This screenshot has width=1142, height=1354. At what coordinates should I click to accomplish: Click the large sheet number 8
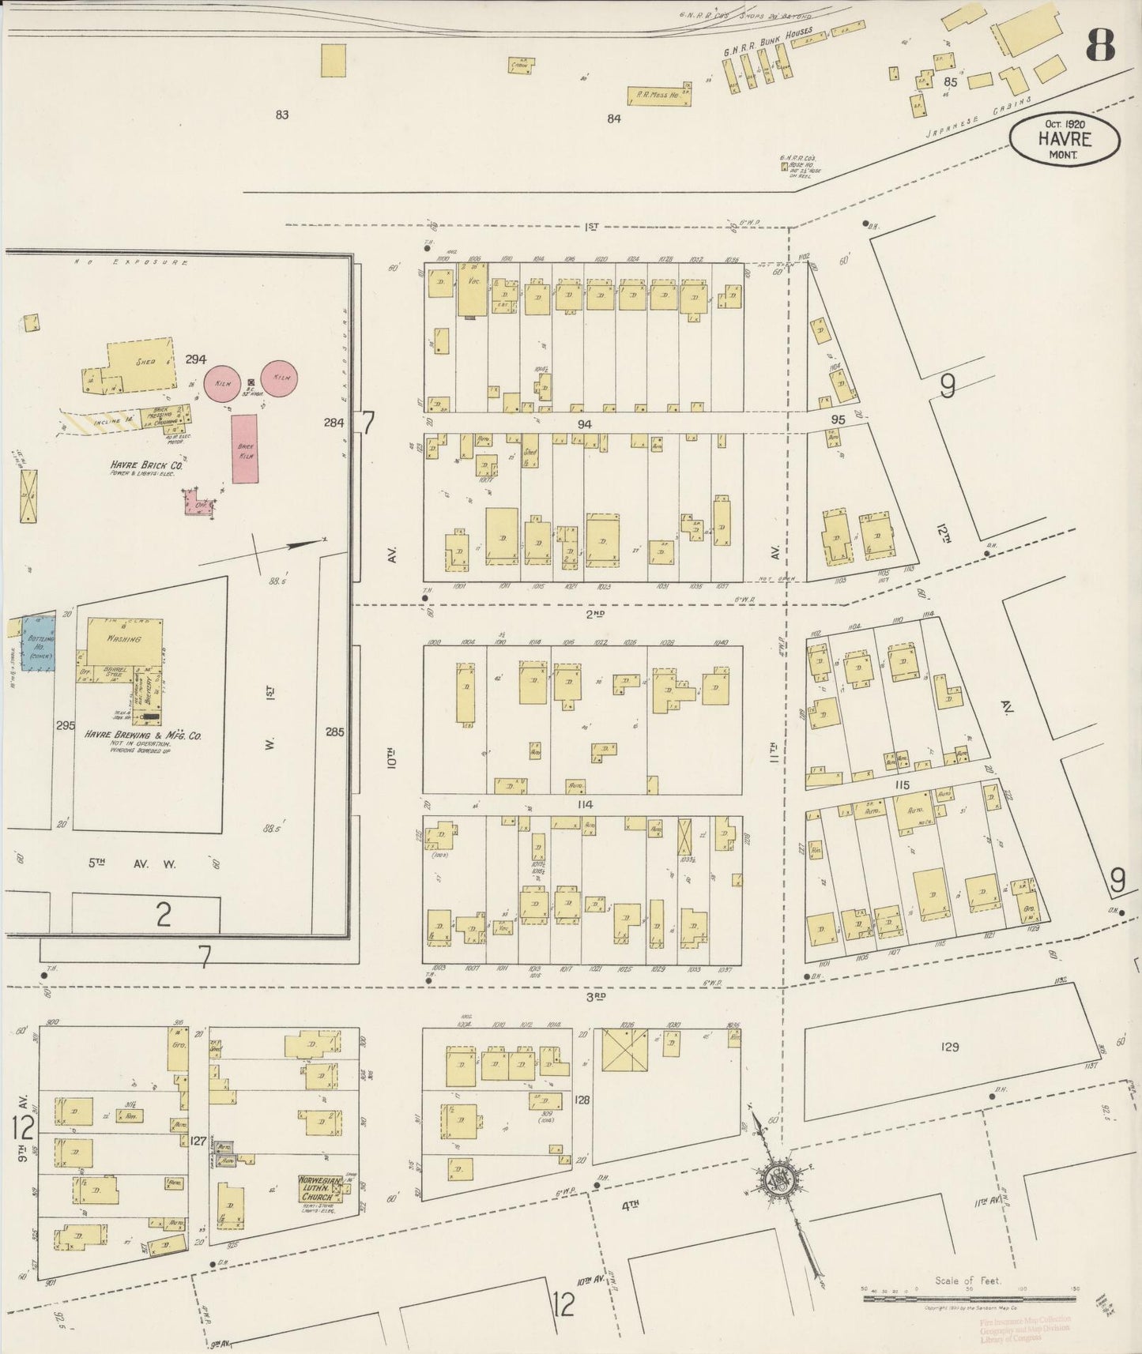[x=1100, y=48]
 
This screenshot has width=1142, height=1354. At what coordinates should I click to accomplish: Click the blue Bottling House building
[x=37, y=643]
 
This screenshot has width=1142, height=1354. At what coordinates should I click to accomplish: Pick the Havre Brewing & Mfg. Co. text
[x=143, y=735]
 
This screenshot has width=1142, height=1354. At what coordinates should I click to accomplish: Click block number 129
[x=949, y=1047]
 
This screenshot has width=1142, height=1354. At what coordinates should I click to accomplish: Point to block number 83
[x=281, y=115]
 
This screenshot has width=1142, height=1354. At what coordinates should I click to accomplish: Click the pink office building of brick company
[x=199, y=503]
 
